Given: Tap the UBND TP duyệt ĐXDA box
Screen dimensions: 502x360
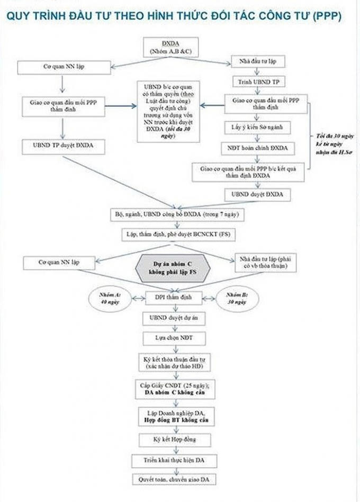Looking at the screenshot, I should click(x=63, y=145).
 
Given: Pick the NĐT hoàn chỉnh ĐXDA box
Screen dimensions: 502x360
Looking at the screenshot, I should click(x=257, y=148).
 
